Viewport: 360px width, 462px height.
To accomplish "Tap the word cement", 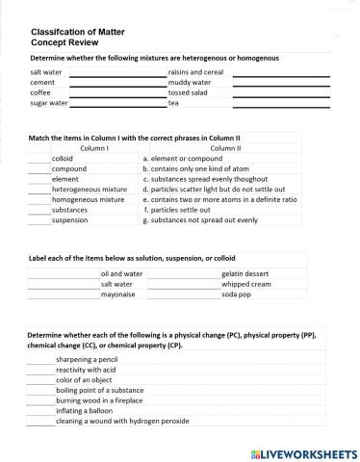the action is pyautogui.click(x=43, y=83).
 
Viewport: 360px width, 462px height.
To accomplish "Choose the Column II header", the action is pyautogui.click(x=224, y=149).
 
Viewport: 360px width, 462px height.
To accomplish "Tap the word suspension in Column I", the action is pyautogui.click(x=70, y=219).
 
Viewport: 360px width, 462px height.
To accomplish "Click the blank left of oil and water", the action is pyautogui.click(x=63, y=274).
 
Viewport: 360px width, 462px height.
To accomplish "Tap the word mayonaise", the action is pyautogui.click(x=120, y=295).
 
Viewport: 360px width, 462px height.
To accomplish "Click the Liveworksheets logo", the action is pyautogui.click(x=303, y=451).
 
